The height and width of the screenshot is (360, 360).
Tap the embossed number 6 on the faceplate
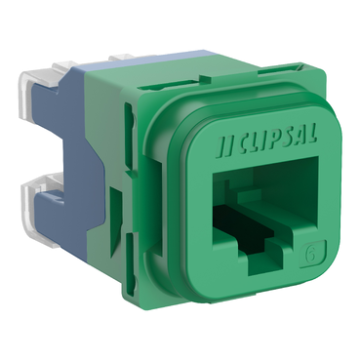click(311, 254)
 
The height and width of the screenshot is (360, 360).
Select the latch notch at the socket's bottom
click(263, 261)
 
